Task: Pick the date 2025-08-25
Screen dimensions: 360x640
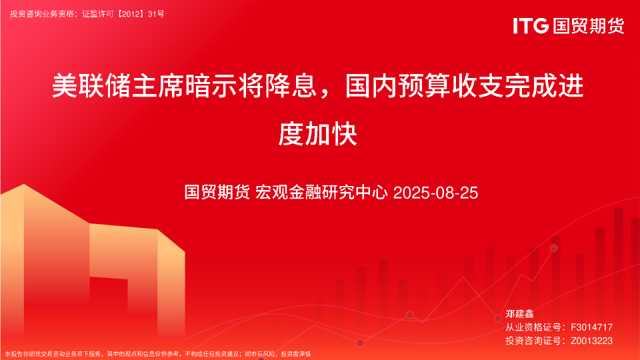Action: pyautogui.click(x=436, y=193)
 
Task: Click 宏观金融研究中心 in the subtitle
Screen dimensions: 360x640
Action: pyautogui.click(x=323, y=193)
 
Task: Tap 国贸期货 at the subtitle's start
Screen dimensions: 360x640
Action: pyautogui.click(x=217, y=193)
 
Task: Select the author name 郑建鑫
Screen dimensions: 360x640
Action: pyautogui.click(x=521, y=313)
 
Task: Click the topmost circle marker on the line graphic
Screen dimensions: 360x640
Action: pyautogui.click(x=554, y=248)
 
